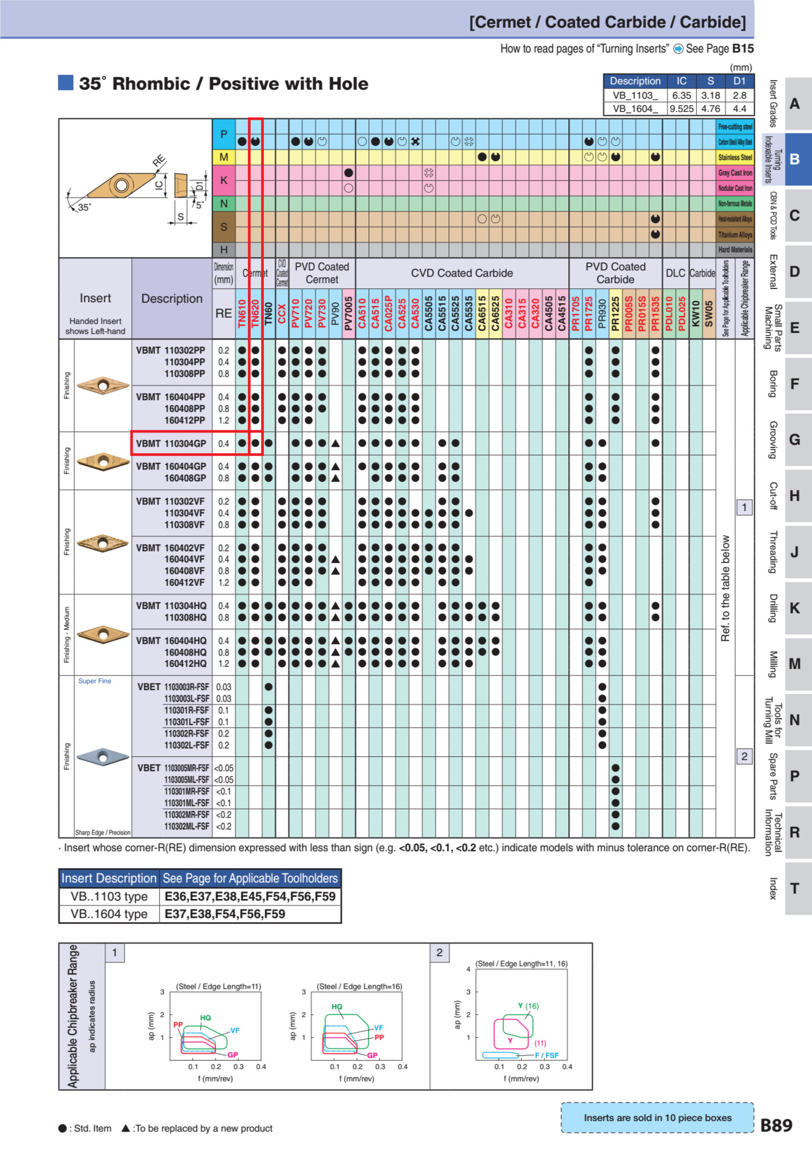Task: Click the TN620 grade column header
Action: click(x=255, y=313)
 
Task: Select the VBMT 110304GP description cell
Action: click(x=171, y=444)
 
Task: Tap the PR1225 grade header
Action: click(x=615, y=313)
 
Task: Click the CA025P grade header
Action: click(x=389, y=313)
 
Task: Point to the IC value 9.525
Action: click(x=681, y=109)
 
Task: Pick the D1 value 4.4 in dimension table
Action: click(x=739, y=109)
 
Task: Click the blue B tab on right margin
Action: click(x=795, y=159)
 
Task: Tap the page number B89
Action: click(x=776, y=1125)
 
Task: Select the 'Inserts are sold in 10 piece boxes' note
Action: click(x=657, y=1117)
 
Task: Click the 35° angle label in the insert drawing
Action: click(x=84, y=207)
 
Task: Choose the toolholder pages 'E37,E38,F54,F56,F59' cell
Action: click(x=225, y=914)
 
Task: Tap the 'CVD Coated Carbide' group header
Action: click(x=462, y=273)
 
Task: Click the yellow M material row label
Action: click(x=224, y=157)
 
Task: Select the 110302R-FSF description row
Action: click(x=186, y=733)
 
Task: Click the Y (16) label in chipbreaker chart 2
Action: click(x=528, y=1005)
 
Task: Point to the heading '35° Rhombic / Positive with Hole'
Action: click(x=224, y=84)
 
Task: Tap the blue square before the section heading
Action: click(x=66, y=83)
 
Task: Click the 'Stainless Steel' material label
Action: click(x=735, y=157)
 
